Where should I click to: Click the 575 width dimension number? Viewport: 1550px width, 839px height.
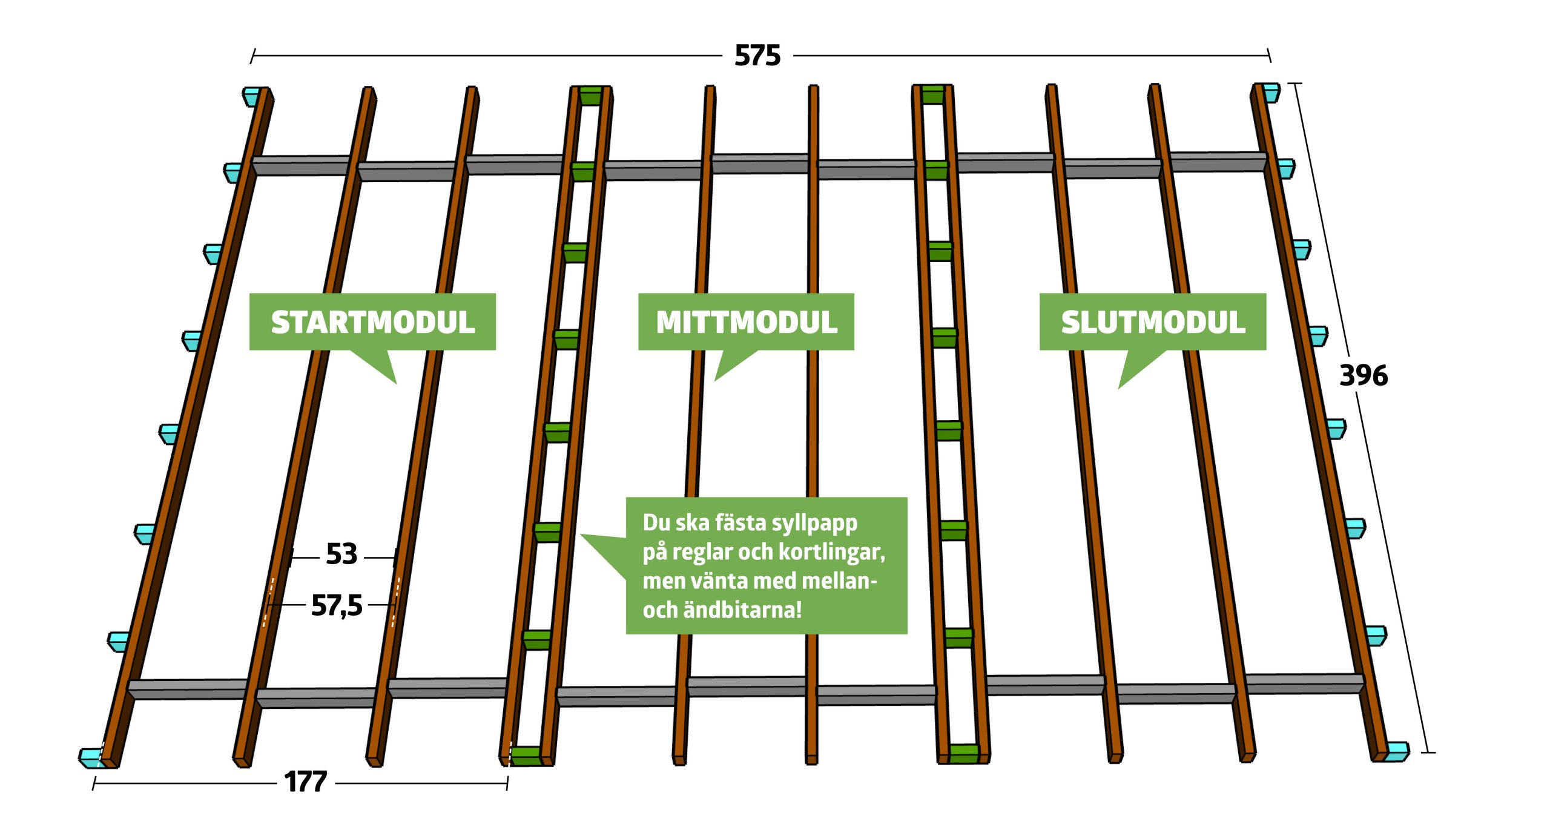(x=757, y=56)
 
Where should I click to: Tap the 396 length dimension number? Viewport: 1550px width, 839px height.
(x=1364, y=375)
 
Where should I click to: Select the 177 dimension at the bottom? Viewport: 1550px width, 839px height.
(x=306, y=781)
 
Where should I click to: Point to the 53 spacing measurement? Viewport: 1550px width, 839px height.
(x=341, y=554)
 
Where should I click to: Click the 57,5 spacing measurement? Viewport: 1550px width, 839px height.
(x=337, y=605)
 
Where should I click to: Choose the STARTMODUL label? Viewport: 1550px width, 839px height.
(x=372, y=322)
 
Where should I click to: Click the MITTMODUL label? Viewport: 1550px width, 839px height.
(x=746, y=322)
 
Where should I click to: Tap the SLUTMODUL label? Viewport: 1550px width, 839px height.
(x=1153, y=322)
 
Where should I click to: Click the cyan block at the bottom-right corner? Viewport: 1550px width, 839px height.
(x=1397, y=751)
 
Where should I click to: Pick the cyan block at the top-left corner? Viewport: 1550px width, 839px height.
(x=252, y=96)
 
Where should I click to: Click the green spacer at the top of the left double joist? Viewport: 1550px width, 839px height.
(x=590, y=96)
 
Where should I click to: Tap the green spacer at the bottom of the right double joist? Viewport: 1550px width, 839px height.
(x=964, y=754)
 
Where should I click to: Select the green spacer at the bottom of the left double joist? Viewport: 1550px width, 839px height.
(x=526, y=756)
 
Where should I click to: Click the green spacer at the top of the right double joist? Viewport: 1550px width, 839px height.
(x=932, y=94)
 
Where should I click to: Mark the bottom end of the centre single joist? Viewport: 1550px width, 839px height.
(x=811, y=758)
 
